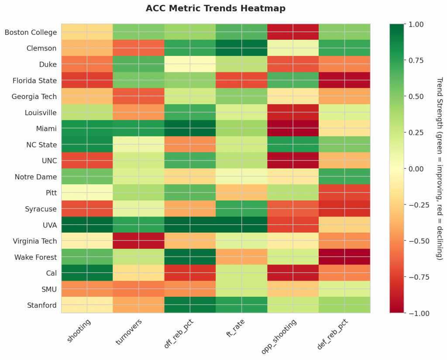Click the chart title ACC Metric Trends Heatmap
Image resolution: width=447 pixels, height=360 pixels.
tap(216, 8)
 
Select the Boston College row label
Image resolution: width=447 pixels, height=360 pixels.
tap(31, 32)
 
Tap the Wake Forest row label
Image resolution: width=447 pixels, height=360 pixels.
tap(36, 257)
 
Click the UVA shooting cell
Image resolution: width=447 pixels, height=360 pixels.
tap(87, 225)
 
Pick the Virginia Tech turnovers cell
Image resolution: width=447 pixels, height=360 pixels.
tap(138, 241)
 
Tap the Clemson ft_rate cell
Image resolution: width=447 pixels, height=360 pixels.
tap(241, 48)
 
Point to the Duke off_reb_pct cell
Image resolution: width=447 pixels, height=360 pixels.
tap(190, 64)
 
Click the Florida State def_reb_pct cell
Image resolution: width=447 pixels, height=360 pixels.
tap(344, 80)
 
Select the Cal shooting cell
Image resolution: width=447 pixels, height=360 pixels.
tap(87, 273)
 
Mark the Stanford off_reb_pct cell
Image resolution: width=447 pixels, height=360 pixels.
tap(190, 305)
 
